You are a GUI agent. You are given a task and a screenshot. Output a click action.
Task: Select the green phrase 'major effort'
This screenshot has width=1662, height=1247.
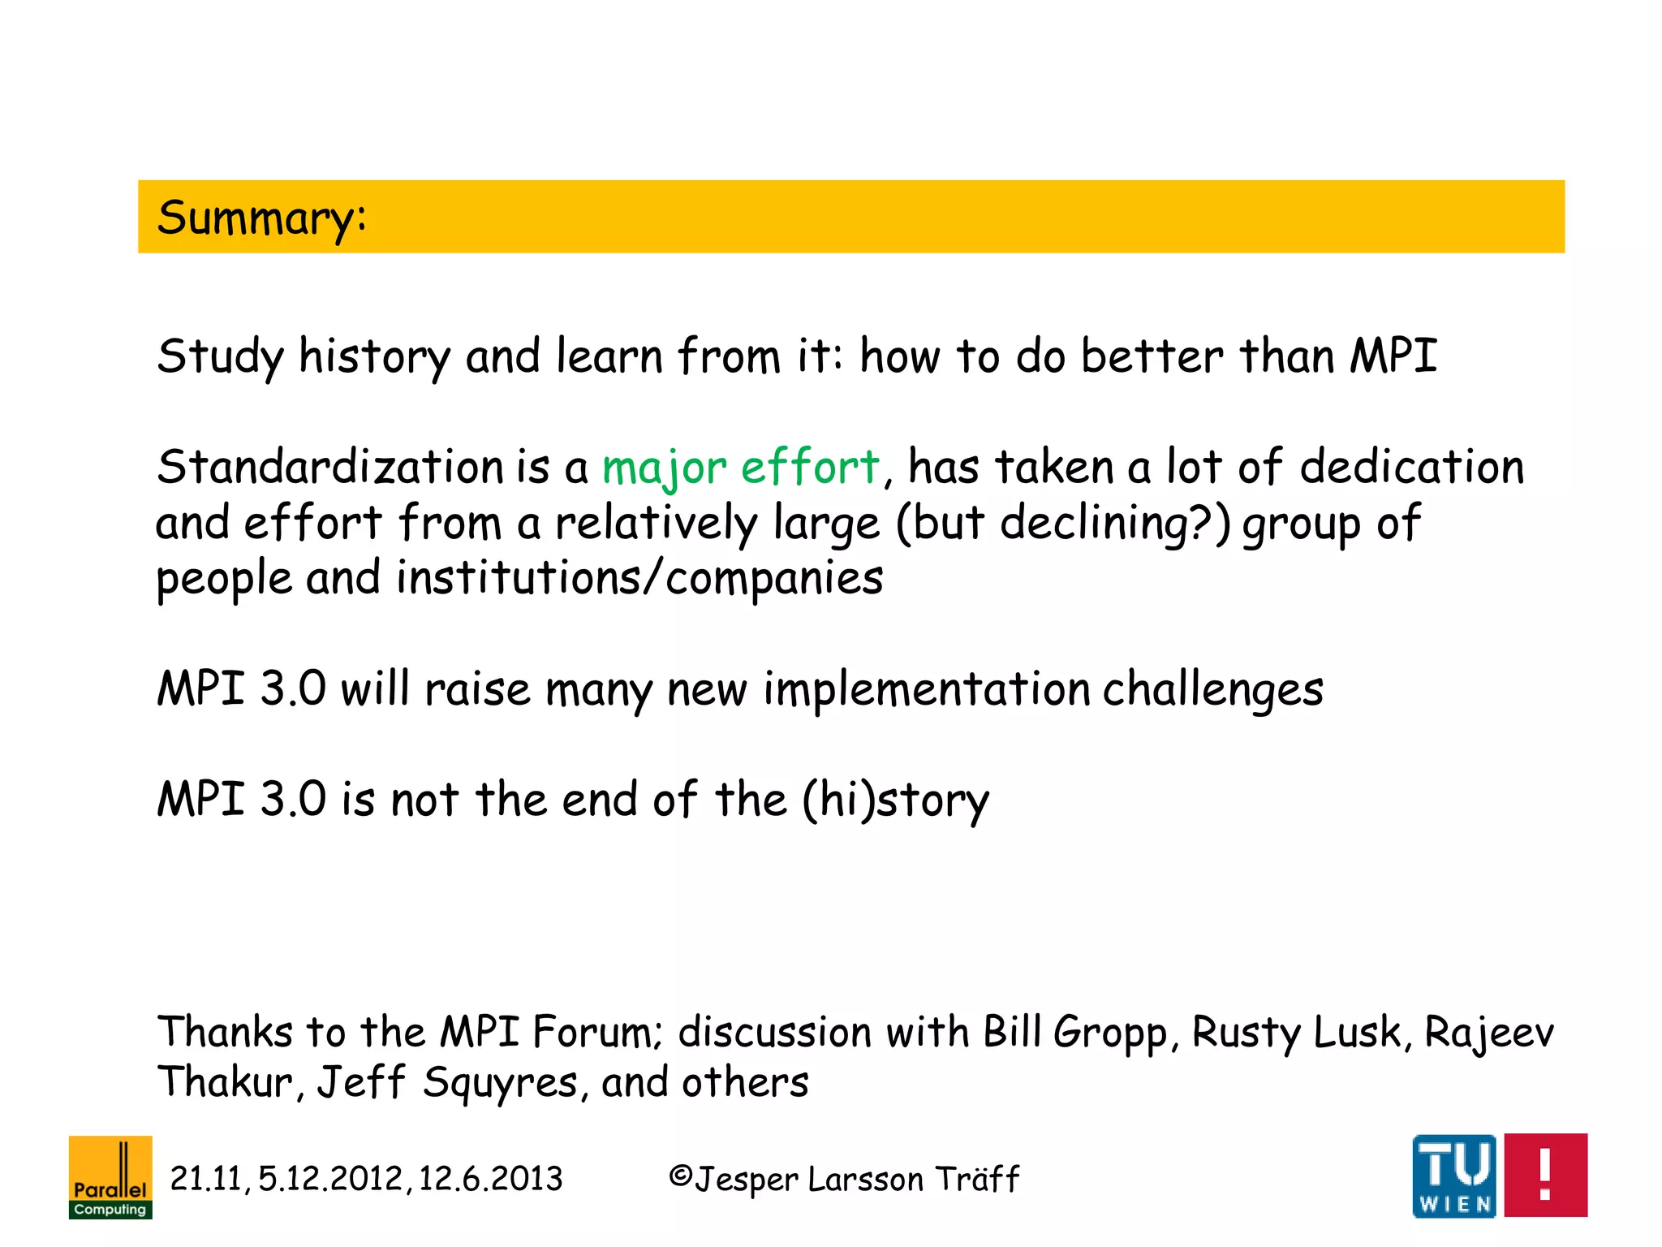click(741, 468)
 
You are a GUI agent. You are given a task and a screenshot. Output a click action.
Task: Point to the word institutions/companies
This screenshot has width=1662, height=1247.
click(639, 577)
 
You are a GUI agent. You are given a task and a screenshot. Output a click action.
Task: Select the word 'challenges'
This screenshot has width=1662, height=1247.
click(1212, 689)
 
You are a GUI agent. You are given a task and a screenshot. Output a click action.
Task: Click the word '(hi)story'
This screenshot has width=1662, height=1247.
click(896, 800)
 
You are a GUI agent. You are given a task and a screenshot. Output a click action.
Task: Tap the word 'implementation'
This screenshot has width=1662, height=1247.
click(926, 689)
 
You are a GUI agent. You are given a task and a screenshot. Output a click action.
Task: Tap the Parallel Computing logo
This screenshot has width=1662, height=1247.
click(110, 1176)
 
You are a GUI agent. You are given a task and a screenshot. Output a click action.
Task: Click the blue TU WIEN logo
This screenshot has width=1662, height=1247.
click(1454, 1175)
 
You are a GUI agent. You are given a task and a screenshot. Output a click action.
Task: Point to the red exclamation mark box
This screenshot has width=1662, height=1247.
click(1545, 1175)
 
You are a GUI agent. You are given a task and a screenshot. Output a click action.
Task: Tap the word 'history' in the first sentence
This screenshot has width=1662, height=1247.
click(374, 357)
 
